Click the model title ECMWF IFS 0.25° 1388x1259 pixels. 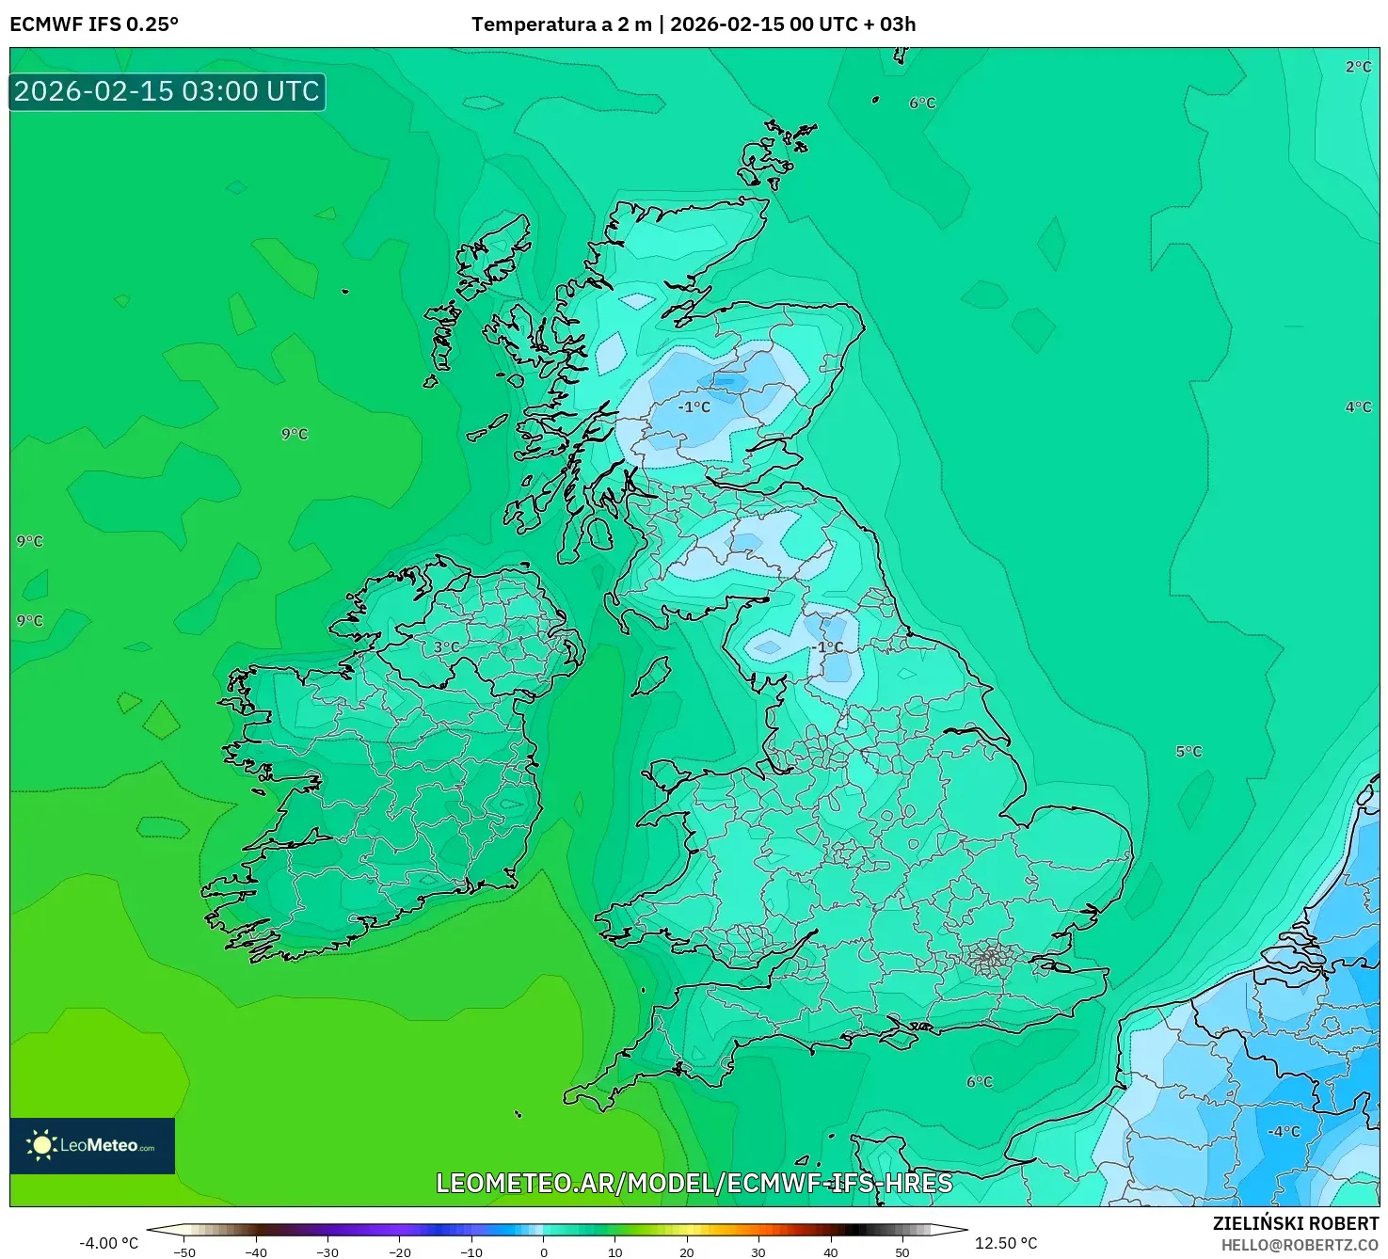click(94, 24)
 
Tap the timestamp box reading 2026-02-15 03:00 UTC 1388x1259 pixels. click(167, 91)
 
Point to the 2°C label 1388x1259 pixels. click(1358, 67)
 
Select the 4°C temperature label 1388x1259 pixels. click(1358, 406)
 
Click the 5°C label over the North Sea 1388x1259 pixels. click(1189, 751)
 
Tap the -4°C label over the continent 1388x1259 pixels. click(1283, 1131)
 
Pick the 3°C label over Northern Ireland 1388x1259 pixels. click(446, 647)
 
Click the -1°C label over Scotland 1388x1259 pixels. click(694, 406)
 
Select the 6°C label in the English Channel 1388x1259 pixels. click(980, 1081)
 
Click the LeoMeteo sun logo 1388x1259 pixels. click(41, 1144)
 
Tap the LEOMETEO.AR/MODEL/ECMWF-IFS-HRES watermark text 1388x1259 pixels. click(694, 1183)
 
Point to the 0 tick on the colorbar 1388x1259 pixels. click(544, 1251)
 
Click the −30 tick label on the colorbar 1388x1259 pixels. click(327, 1252)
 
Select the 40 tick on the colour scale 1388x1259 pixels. click(830, 1251)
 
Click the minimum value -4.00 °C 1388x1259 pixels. click(108, 1243)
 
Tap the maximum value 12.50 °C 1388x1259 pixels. click(1005, 1243)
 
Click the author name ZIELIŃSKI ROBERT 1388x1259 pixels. click(1295, 1223)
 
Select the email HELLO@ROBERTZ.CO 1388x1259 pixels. click(1299, 1245)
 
